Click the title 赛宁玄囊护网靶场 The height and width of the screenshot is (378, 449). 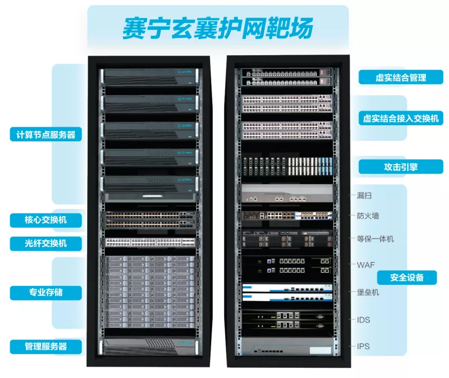(x=218, y=28)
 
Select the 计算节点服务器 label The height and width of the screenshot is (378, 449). (x=46, y=134)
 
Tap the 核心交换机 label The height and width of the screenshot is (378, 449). (x=46, y=220)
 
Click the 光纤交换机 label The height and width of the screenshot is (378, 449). (x=46, y=243)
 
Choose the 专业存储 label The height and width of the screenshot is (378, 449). (x=46, y=292)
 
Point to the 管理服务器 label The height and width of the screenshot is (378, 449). (x=46, y=347)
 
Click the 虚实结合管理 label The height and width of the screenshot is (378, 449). (x=401, y=77)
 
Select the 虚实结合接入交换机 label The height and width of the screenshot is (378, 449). (x=401, y=118)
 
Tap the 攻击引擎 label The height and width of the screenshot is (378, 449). (x=401, y=167)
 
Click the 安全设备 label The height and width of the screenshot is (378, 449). (x=407, y=277)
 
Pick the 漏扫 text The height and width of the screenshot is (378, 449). (x=365, y=195)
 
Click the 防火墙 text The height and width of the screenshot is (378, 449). (x=368, y=216)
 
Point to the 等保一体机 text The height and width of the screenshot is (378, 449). (x=375, y=239)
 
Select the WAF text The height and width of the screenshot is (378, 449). (x=366, y=265)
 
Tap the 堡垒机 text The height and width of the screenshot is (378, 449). (x=368, y=292)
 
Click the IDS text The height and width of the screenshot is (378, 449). (x=363, y=320)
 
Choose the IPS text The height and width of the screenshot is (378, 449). (x=363, y=346)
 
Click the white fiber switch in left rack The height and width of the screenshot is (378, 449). (x=150, y=243)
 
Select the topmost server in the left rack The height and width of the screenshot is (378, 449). (x=150, y=77)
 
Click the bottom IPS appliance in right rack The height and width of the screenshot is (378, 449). (x=287, y=346)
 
